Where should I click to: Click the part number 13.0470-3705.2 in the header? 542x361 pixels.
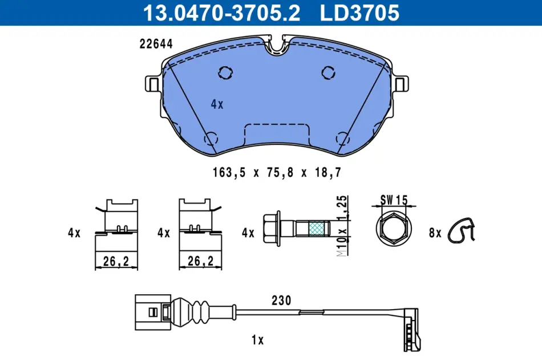[x=221, y=13]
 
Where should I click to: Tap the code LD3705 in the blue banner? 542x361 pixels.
[x=359, y=13]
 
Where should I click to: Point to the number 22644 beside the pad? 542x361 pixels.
[x=156, y=44]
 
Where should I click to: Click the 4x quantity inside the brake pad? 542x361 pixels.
[x=217, y=104]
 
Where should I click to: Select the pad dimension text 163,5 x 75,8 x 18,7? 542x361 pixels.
[x=277, y=172]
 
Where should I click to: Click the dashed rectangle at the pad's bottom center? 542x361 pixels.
[x=277, y=134]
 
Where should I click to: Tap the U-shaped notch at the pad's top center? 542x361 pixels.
[x=277, y=45]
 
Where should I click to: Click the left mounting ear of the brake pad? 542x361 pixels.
[x=152, y=84]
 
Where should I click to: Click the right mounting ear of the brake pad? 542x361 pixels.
[x=401, y=84]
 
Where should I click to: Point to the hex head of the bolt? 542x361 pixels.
[x=272, y=229]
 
